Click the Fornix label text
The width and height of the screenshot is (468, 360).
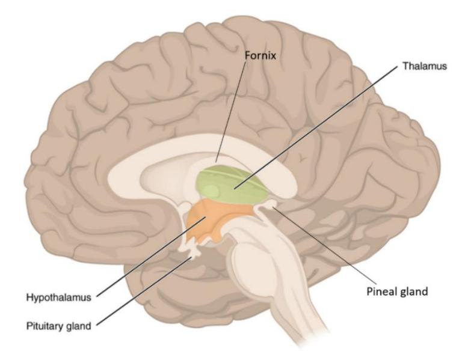(x=260, y=55)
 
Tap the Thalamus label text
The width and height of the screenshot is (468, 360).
(x=425, y=66)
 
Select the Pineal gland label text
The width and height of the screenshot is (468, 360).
(x=397, y=291)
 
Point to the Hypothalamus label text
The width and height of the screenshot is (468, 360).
(x=59, y=297)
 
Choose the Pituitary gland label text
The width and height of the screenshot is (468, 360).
(x=59, y=326)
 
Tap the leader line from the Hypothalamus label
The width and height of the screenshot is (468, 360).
(x=151, y=257)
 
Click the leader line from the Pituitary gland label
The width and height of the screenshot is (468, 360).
(x=144, y=291)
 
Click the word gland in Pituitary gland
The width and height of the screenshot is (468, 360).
(x=78, y=326)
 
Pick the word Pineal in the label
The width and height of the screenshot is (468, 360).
(x=379, y=290)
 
